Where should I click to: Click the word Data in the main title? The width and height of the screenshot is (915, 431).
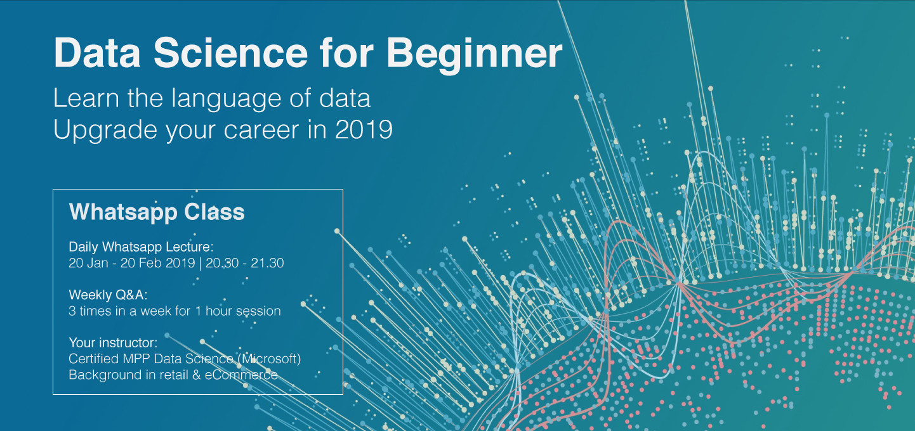tap(97, 53)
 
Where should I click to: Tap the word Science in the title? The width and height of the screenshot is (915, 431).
tap(230, 53)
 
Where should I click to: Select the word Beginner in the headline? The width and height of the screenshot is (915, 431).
tap(475, 56)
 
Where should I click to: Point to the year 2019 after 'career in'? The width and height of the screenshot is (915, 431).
tap(364, 130)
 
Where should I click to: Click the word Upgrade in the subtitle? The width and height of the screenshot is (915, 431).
tap(105, 131)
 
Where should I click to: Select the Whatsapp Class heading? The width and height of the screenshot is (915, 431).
tap(157, 212)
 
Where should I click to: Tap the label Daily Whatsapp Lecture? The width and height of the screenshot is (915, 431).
tap(141, 247)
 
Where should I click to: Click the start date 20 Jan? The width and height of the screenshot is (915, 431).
tap(89, 263)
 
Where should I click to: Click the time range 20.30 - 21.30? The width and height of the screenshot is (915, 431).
tap(245, 263)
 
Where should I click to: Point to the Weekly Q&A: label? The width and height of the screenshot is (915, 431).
tap(108, 295)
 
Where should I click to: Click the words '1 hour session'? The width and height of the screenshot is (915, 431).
tap(238, 311)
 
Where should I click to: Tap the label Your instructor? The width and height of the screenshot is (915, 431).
tap(113, 342)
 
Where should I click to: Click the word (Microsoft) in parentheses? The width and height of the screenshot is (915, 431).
tap(269, 359)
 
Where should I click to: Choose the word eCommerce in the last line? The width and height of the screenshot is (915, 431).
tap(241, 375)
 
